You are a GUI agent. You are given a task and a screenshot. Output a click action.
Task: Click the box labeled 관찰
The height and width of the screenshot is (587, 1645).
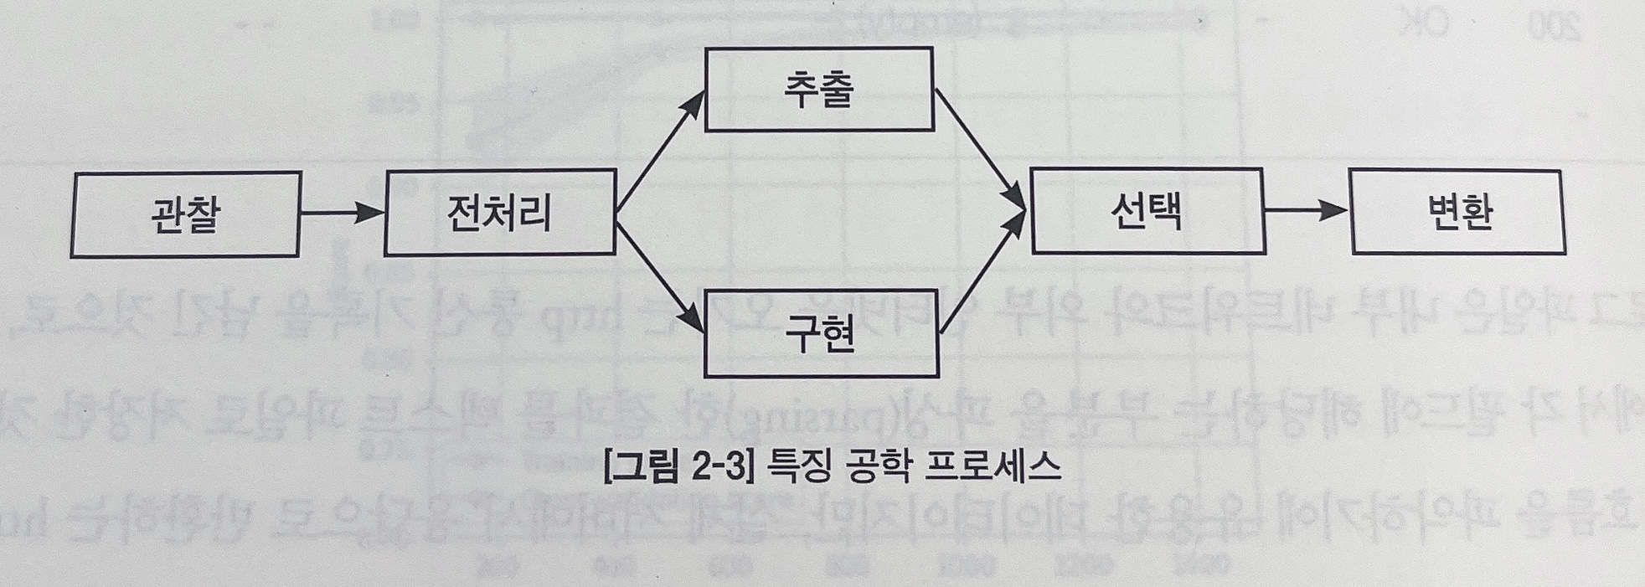coord(185,214)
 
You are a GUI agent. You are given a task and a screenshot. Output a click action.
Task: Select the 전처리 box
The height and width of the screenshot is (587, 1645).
coord(500,212)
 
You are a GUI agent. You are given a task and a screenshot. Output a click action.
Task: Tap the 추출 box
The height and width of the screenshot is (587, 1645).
coord(819,90)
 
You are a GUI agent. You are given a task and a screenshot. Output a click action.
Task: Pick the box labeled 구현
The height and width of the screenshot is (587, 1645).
coord(821,334)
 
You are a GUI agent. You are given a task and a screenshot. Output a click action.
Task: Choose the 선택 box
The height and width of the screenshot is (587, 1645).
coord(1147,211)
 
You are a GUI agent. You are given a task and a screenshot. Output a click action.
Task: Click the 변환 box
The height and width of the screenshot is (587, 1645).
coord(1457,211)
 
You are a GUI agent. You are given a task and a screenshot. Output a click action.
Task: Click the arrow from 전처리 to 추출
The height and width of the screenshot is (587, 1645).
coord(660,151)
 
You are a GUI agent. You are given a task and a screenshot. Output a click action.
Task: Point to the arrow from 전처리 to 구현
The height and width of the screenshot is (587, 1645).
coord(660,271)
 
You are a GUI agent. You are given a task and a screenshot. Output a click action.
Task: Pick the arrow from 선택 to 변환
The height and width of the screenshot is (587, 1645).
coord(1307,210)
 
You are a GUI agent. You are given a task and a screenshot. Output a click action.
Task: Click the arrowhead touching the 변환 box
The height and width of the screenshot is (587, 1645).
coord(1335,210)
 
